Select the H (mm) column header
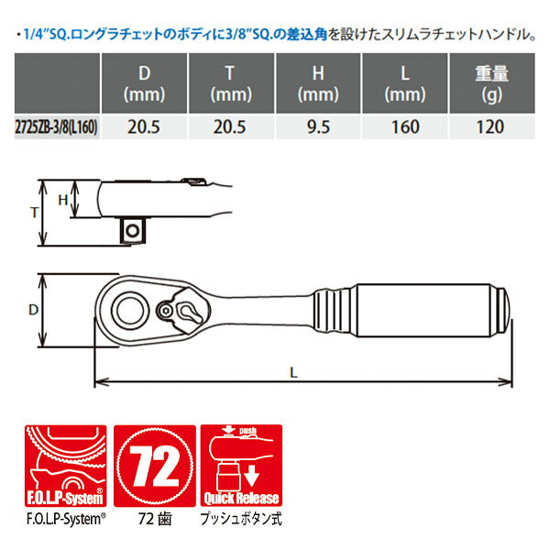point(319,83)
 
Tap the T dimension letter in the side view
point(35,211)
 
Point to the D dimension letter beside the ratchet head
point(35,310)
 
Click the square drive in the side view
point(135,229)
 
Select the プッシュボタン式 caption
point(240,516)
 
